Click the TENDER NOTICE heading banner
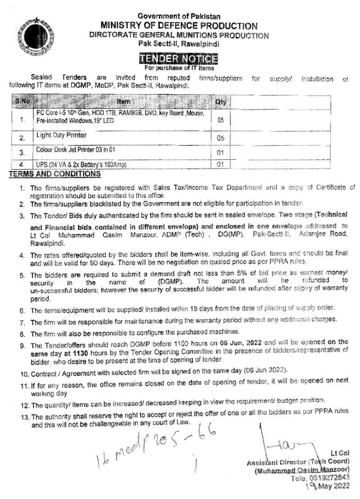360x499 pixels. click(178, 59)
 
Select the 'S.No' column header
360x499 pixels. click(22, 102)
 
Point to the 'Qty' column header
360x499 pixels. click(220, 102)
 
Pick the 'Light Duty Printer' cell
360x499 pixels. click(62, 135)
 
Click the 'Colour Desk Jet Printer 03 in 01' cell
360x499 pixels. click(79, 150)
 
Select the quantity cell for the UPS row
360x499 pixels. click(220, 165)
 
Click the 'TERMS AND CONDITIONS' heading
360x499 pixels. click(55, 174)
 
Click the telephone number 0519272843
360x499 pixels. click(333, 477)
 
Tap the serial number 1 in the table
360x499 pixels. click(22, 120)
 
